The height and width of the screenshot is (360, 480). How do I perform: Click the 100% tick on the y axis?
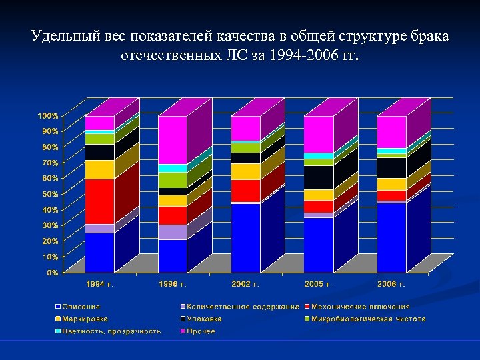click(47, 116)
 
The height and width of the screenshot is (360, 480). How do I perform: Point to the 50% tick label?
click(49, 194)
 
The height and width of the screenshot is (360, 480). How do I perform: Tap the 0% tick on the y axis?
click(51, 273)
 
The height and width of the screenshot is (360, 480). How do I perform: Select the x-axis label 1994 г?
click(100, 285)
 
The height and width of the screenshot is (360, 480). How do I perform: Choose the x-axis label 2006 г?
click(391, 285)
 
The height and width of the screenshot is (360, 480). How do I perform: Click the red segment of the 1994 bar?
click(100, 201)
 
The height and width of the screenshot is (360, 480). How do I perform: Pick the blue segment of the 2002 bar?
click(246, 237)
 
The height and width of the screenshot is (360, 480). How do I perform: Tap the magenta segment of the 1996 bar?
click(173, 140)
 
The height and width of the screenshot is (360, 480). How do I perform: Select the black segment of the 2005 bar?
click(319, 177)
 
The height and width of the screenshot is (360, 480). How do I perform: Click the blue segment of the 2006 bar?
click(391, 237)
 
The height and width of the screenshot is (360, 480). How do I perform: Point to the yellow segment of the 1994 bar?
click(100, 169)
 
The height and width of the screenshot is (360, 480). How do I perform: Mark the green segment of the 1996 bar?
click(173, 180)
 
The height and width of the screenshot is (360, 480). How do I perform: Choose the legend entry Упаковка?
click(204, 319)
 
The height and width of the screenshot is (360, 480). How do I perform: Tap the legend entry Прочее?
click(201, 331)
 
